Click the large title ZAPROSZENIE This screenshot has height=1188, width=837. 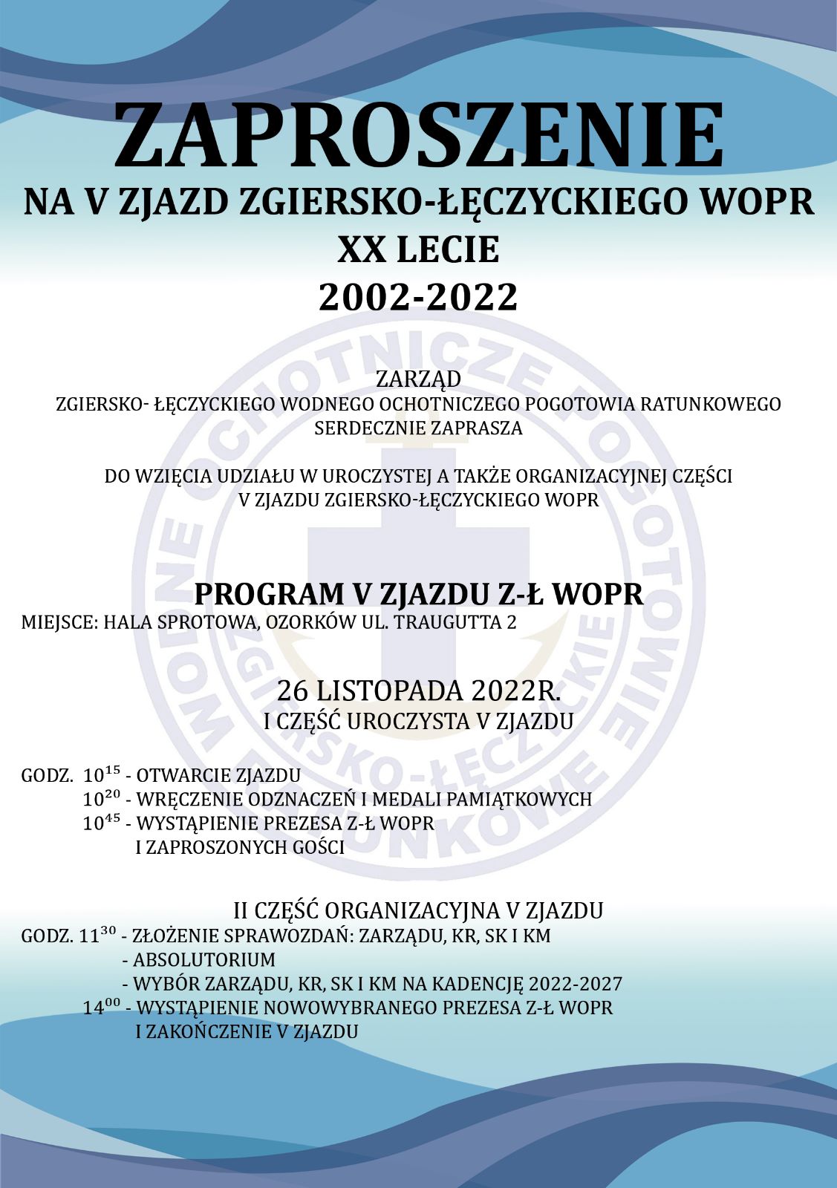click(418, 135)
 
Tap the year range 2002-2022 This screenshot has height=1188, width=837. click(418, 298)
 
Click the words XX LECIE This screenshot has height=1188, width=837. click(418, 250)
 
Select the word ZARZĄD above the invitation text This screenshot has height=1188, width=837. click(418, 379)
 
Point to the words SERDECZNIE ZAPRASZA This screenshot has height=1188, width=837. click(418, 428)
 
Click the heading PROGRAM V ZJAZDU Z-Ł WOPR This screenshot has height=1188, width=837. click(418, 595)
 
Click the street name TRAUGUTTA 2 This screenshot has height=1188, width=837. click(455, 622)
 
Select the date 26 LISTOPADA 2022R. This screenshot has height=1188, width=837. click(418, 691)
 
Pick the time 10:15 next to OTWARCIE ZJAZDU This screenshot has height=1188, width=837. click(102, 776)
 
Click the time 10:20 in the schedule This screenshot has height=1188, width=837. click(102, 800)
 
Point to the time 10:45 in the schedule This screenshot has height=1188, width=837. click(102, 823)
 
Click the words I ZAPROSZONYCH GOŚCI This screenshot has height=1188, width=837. click(240, 847)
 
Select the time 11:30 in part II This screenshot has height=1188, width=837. click(97, 936)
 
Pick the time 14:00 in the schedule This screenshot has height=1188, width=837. click(102, 1008)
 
